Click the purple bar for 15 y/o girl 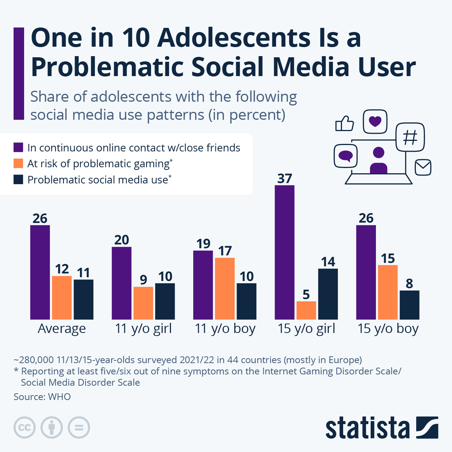tap(284, 252)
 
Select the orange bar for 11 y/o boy tap(225, 289)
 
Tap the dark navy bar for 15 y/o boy tap(409, 305)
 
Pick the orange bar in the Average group tap(62, 298)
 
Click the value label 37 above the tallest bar tap(284, 178)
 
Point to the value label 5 tap(306, 294)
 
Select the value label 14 tap(328, 262)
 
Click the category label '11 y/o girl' tap(143, 328)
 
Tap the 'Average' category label tap(62, 328)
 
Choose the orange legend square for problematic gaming tap(18, 163)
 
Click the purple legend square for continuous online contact tap(18, 147)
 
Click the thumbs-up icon tap(345, 123)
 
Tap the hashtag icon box tap(410, 137)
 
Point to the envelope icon tap(423, 168)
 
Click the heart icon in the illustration tap(375, 121)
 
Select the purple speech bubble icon tap(345, 156)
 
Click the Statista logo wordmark tap(367, 428)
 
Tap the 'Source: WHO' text tap(42, 397)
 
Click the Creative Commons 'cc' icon tap(24, 428)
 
